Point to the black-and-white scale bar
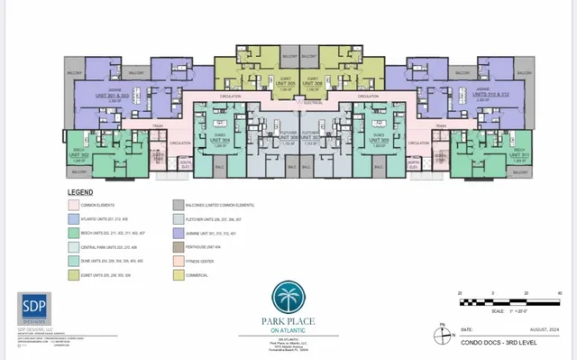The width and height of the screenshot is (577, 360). coord(508,299)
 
